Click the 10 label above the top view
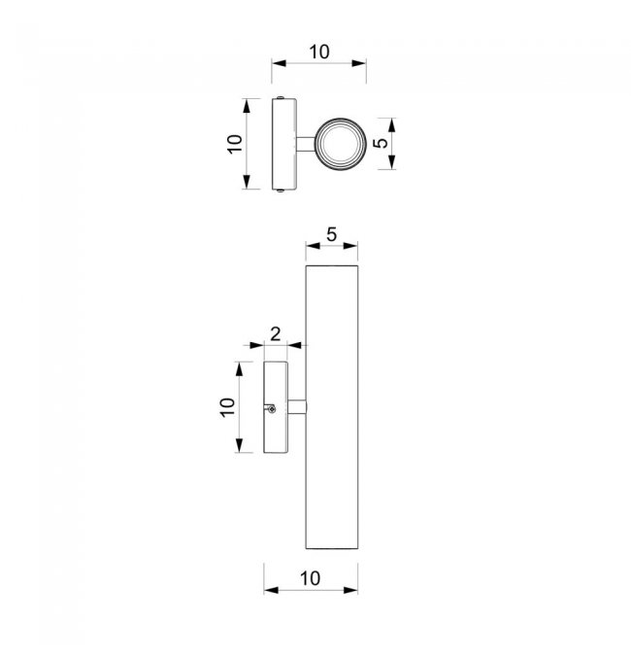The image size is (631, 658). tap(319, 52)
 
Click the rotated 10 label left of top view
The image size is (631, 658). tap(235, 144)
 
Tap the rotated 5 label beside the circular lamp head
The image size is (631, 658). tap(381, 143)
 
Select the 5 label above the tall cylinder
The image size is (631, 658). tap(331, 234)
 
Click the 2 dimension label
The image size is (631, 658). tap(276, 334)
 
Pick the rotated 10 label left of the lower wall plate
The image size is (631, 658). tap(227, 407)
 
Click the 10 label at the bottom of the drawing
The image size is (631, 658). tap(311, 578)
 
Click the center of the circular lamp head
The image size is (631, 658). tap(340, 144)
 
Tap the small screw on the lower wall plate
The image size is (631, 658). tap(272, 409)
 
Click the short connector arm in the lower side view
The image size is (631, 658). tap(297, 407)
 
